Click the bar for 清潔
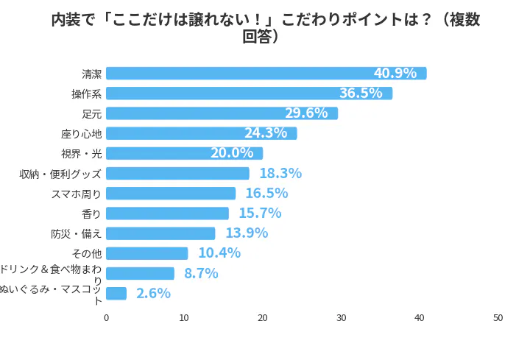click(x=266, y=74)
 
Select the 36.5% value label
click(x=361, y=93)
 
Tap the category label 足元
click(x=91, y=113)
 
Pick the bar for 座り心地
click(x=201, y=133)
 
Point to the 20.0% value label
click(x=232, y=153)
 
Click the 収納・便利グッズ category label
click(x=60, y=174)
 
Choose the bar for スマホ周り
click(x=171, y=194)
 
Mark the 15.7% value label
click(x=260, y=213)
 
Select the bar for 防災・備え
click(x=160, y=233)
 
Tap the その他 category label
click(x=87, y=253)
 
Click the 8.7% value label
click(x=201, y=274)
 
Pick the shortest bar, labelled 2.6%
click(x=116, y=294)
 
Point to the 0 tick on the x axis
click(x=106, y=318)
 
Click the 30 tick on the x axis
click(x=342, y=318)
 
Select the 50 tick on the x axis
click(x=498, y=318)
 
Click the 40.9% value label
click(x=395, y=74)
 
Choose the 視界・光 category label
click(x=81, y=154)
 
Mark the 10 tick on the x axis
click(x=184, y=318)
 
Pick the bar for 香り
click(x=167, y=213)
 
